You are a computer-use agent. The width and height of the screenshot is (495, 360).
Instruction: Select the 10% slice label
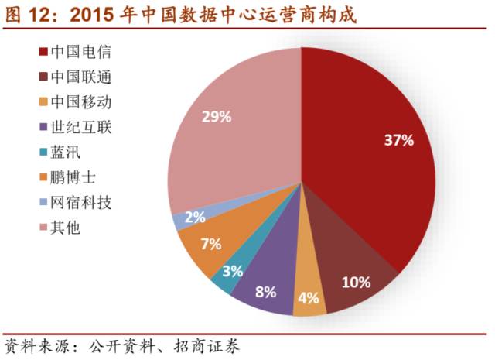[356, 282]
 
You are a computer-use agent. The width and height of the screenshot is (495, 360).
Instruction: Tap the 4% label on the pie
[309, 297]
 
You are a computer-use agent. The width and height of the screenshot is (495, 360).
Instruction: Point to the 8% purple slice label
[265, 292]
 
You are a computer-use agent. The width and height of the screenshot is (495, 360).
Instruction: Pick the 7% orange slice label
[210, 244]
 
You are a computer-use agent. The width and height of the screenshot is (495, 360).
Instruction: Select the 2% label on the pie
[195, 218]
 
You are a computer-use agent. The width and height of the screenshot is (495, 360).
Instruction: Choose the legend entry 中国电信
[80, 53]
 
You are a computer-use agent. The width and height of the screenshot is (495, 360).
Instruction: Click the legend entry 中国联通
[80, 77]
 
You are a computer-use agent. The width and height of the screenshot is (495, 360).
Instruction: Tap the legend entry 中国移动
[80, 102]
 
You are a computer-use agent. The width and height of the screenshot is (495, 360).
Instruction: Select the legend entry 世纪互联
[80, 127]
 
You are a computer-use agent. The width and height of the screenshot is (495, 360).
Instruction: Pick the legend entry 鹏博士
[73, 178]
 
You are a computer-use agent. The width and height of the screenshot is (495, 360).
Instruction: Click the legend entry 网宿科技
[80, 203]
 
